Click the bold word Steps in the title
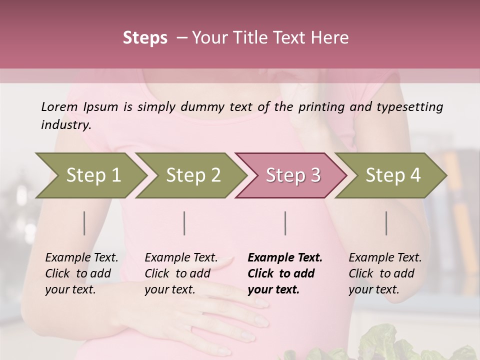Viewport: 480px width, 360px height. (x=145, y=38)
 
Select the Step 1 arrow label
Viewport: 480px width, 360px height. (x=93, y=175)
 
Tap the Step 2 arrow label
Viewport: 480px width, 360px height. (x=193, y=175)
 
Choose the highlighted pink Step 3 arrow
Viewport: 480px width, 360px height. (x=293, y=175)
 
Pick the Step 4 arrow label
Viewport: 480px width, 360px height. (x=393, y=175)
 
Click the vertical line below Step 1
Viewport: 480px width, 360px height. (x=84, y=223)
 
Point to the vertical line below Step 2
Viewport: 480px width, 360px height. (x=184, y=223)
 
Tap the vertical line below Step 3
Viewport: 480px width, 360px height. (x=285, y=223)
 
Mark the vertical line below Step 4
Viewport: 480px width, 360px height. (x=386, y=223)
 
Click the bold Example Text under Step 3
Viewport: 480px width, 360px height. (x=285, y=258)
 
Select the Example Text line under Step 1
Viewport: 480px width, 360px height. (x=81, y=258)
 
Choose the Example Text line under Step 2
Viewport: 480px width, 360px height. (x=181, y=258)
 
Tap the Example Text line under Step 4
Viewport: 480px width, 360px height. (x=385, y=258)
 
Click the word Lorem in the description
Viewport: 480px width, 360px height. (x=59, y=106)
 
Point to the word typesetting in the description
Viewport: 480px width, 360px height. (x=410, y=106)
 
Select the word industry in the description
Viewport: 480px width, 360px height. (x=65, y=125)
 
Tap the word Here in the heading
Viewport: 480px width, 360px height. (x=331, y=38)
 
